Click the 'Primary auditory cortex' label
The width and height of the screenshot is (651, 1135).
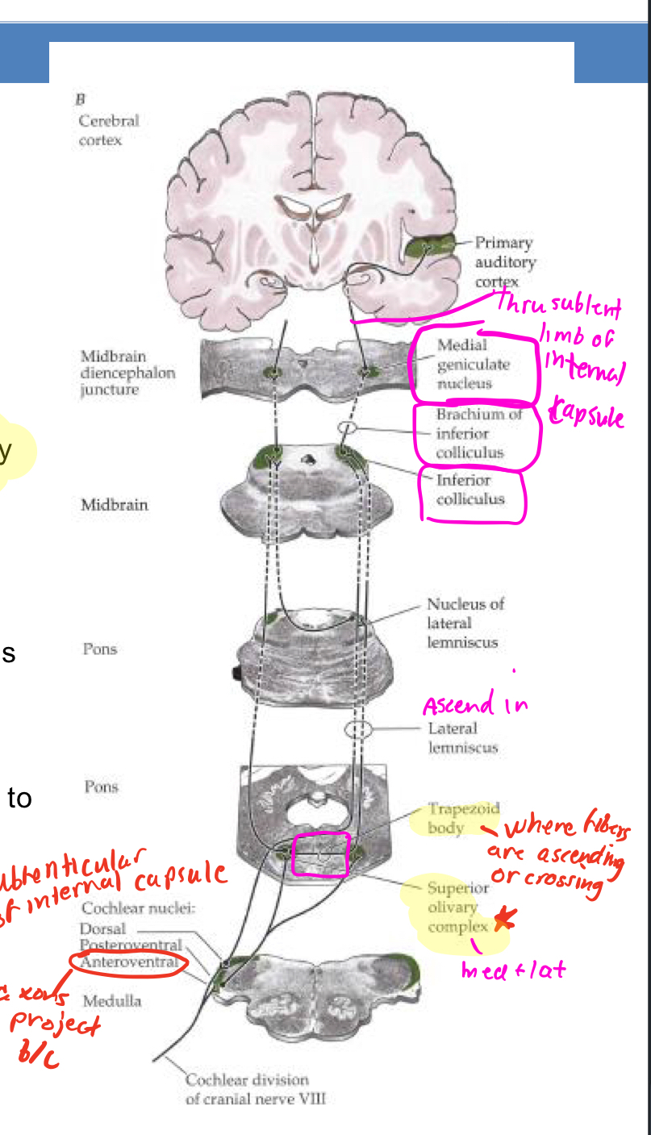(x=504, y=262)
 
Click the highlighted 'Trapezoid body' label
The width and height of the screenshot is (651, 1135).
(x=452, y=818)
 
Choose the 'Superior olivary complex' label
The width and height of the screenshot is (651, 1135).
(x=458, y=907)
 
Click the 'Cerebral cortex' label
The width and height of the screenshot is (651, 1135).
(x=109, y=130)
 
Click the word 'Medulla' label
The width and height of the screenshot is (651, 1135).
(x=112, y=1001)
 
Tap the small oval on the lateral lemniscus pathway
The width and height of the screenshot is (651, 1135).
(x=358, y=730)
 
